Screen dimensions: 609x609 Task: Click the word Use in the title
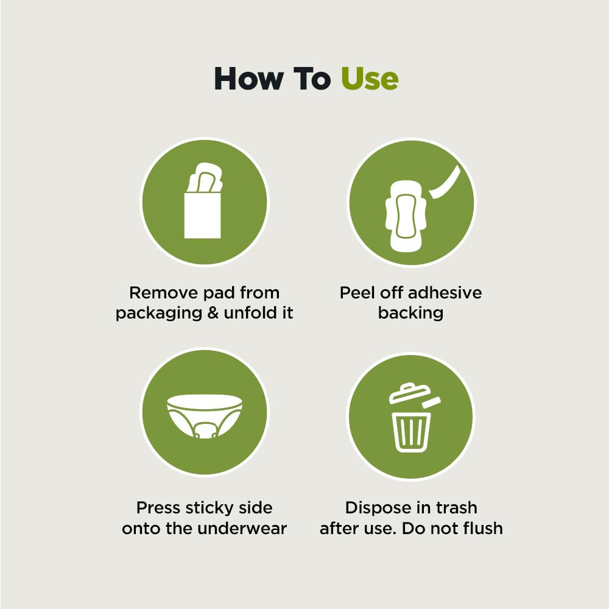point(370,79)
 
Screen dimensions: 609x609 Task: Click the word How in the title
point(248,79)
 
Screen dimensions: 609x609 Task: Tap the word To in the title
point(311,79)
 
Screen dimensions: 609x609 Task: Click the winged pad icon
point(406,216)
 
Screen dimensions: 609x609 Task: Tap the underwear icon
point(205,416)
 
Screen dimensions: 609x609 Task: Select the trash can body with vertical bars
point(411,432)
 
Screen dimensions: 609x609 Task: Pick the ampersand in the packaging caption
point(213,313)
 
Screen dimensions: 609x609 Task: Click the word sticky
point(209,509)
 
